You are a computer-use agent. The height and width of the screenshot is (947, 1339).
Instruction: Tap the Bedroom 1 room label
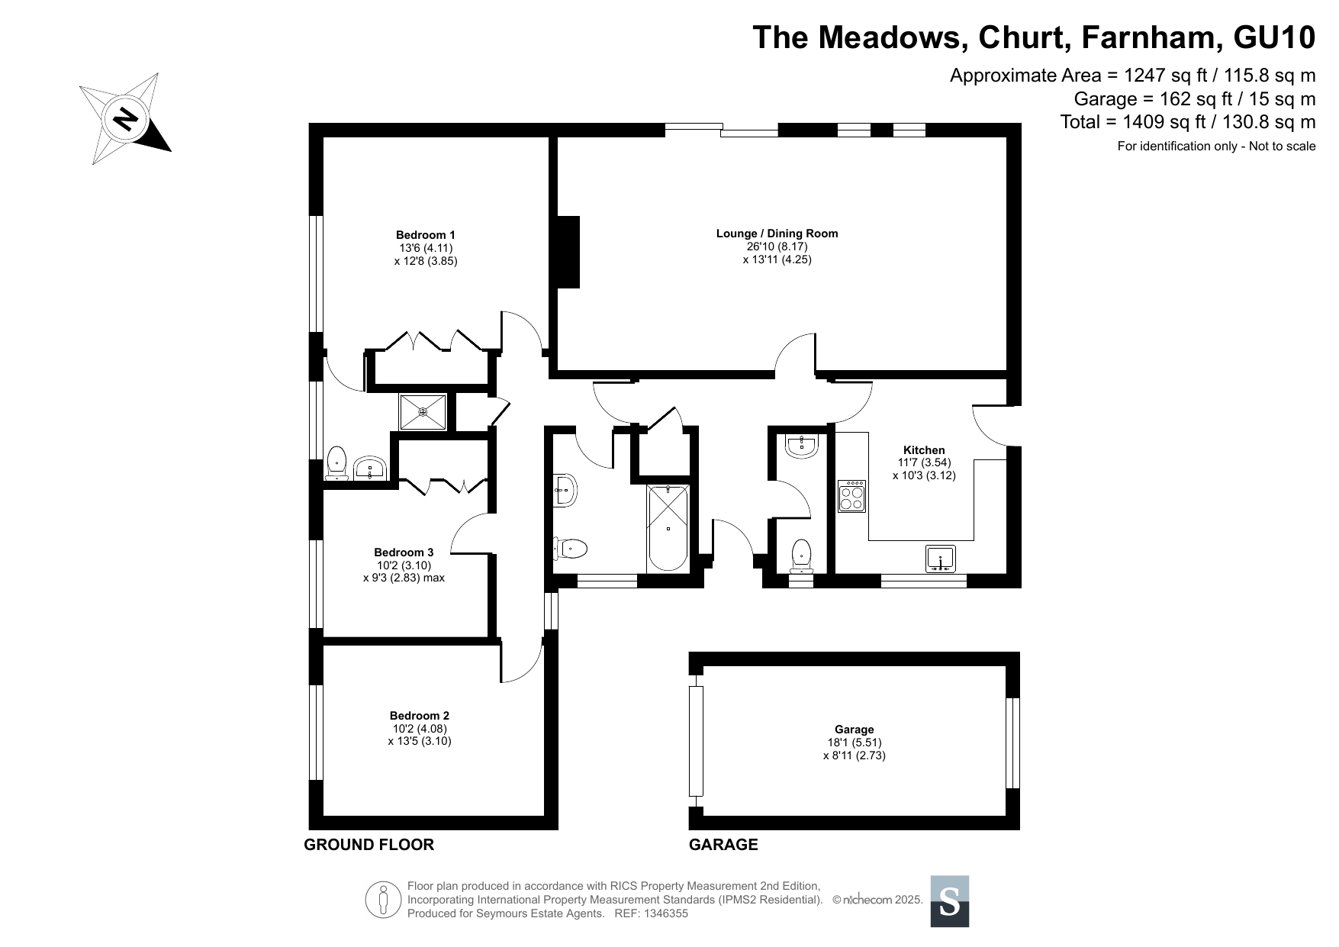[x=425, y=235]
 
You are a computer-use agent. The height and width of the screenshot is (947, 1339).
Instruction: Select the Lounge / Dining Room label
[x=777, y=234]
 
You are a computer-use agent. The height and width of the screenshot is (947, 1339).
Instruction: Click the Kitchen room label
[x=924, y=450]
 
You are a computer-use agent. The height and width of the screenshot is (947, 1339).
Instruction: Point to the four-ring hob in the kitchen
[x=852, y=496]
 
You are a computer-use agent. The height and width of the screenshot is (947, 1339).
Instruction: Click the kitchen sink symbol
[x=941, y=559]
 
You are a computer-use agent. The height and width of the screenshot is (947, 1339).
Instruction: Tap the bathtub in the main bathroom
[x=668, y=528]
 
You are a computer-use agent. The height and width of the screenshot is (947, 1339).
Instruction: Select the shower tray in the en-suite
[x=423, y=412]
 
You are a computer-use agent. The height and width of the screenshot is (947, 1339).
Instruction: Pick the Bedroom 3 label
[x=404, y=552]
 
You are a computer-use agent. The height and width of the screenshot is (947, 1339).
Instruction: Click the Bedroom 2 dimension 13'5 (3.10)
[x=420, y=741]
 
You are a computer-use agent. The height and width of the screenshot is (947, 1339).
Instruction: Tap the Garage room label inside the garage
[x=854, y=730]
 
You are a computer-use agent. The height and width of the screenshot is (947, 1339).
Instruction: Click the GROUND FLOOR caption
[x=369, y=845]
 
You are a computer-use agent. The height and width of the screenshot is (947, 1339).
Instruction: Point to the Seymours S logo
[x=950, y=901]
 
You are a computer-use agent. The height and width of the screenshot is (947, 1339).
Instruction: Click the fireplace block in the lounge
[x=568, y=252]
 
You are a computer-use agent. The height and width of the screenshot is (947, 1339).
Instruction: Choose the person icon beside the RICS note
[x=383, y=900]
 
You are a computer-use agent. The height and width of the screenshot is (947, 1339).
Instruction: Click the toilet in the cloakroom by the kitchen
[x=801, y=554]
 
